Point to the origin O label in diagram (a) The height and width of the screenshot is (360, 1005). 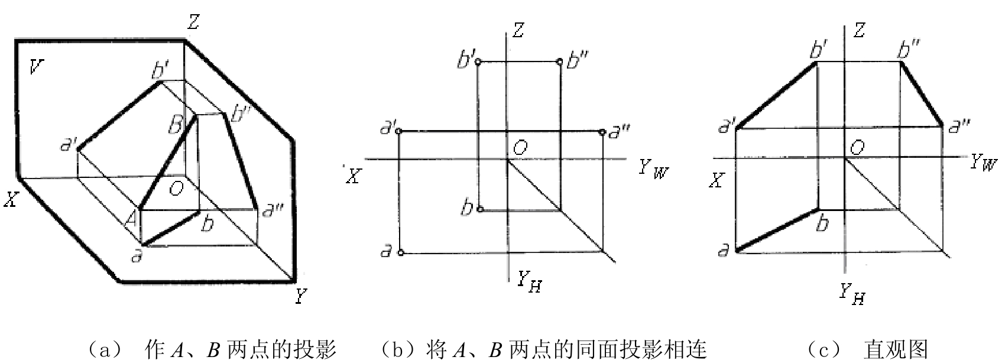176,189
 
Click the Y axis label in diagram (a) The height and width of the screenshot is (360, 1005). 300,296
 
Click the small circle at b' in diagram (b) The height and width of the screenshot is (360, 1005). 478,61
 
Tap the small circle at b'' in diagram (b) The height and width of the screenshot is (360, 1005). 560,61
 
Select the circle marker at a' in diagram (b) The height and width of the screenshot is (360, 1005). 399,131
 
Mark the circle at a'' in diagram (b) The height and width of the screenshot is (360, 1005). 602,132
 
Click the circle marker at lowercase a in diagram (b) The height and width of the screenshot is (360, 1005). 401,253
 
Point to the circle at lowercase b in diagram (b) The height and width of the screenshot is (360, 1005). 479,209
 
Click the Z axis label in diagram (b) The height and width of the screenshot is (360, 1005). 518,31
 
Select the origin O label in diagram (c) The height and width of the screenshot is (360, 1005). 857,147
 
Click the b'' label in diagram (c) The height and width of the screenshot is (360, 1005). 909,49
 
